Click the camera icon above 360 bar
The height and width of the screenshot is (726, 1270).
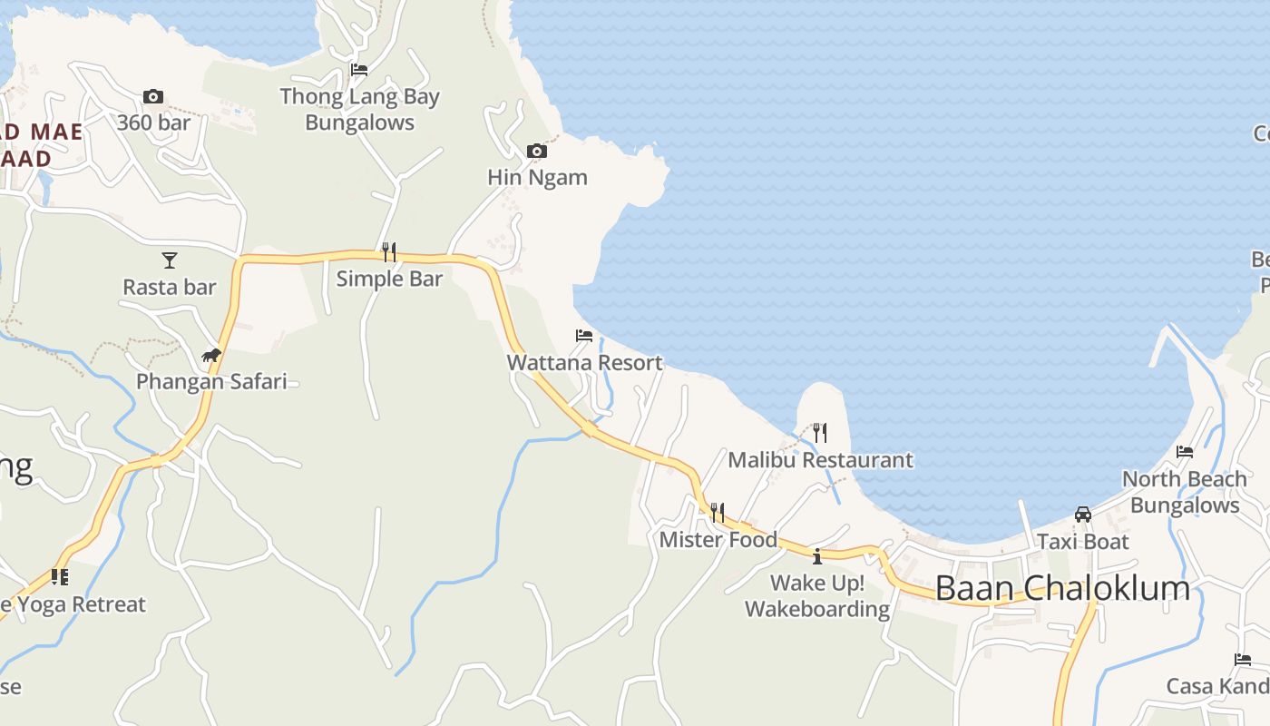[x=153, y=96]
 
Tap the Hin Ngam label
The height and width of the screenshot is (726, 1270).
[x=537, y=177]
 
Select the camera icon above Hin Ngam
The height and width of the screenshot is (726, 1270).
[x=537, y=151]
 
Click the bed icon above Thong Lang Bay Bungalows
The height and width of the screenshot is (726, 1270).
[x=359, y=69]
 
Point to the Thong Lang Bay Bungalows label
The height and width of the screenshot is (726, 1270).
[x=360, y=109]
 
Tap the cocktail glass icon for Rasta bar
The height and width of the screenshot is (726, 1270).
[x=170, y=260]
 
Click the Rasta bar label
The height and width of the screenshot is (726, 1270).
[x=170, y=287]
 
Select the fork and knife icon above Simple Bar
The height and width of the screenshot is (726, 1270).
[x=389, y=251]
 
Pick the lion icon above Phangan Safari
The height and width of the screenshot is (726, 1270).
[x=211, y=355]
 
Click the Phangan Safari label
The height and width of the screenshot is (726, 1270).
[x=211, y=381]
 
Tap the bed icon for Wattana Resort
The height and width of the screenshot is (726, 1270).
[x=584, y=336]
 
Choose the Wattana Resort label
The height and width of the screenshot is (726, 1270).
[x=584, y=362]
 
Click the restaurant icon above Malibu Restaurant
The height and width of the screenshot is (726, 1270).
[x=820, y=432]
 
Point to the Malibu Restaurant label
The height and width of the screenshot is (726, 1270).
[x=820, y=459]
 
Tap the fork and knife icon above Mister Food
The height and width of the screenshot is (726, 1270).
[x=718, y=513]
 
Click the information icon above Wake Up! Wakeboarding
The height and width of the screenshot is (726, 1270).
[x=817, y=555]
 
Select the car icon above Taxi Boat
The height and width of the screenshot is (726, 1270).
[x=1083, y=515]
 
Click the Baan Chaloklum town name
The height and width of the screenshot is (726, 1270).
[x=1062, y=588]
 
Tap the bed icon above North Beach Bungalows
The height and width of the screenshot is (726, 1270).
[x=1185, y=452]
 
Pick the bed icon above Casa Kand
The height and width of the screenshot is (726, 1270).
[x=1243, y=660]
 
